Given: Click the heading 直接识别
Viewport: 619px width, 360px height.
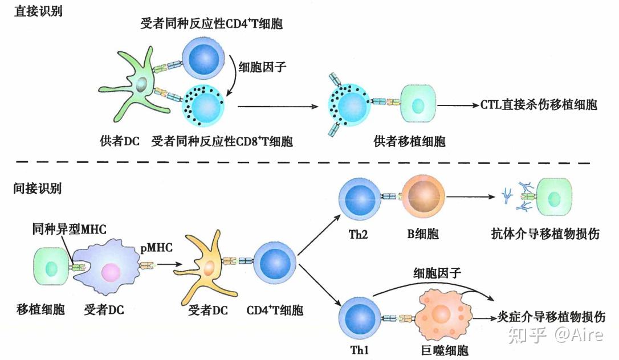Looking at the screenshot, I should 38,12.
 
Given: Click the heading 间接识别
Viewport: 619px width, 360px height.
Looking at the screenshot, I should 38,188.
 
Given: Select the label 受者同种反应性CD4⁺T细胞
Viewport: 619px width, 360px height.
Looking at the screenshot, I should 212,24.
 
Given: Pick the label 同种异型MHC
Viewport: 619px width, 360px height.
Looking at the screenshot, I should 66,229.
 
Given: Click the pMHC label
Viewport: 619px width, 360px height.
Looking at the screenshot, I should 154,249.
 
